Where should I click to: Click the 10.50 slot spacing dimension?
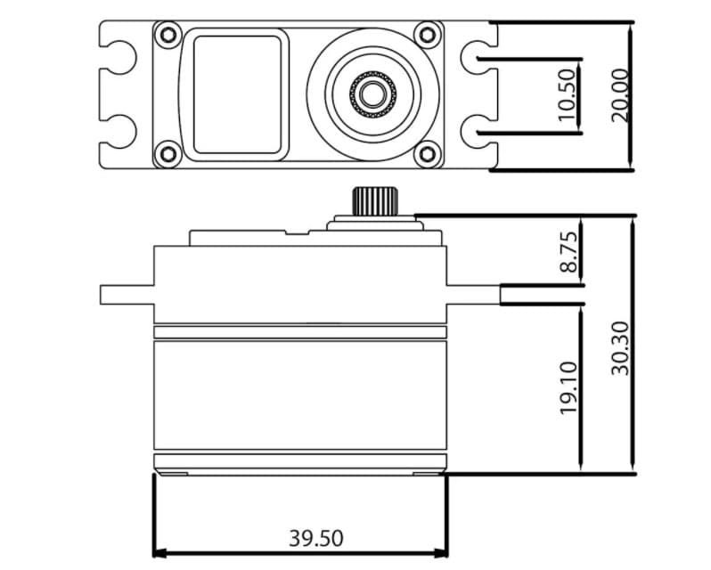568,94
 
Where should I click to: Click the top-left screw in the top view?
167,36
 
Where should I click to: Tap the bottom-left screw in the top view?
167,154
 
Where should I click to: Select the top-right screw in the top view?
429,36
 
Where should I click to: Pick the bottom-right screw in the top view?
429,154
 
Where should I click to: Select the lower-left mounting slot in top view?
119,130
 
